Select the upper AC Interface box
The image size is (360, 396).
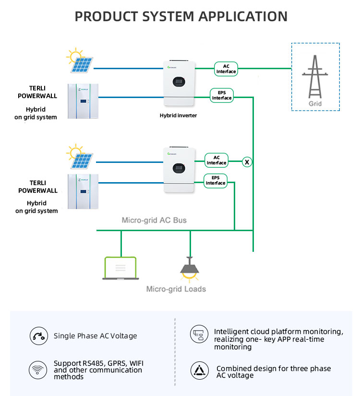tap(226, 69)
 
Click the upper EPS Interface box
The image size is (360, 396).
tap(222, 95)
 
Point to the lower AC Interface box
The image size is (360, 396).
tap(216, 160)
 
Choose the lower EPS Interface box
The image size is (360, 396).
tap(216, 181)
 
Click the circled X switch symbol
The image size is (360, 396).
tap(247, 161)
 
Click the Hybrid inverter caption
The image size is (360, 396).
tap(178, 115)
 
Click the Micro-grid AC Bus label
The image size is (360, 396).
tap(154, 220)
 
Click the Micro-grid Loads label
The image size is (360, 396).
tap(176, 289)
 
